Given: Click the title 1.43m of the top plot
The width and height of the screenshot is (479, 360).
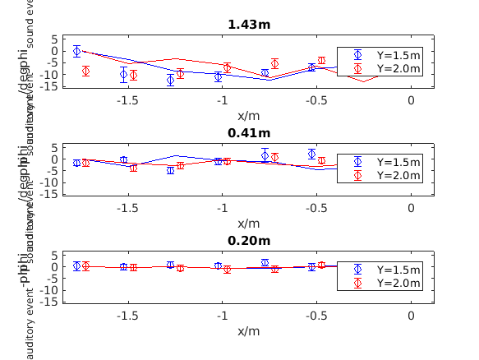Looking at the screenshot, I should point(248,25).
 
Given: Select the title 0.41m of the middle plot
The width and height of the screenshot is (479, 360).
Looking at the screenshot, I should point(248,132).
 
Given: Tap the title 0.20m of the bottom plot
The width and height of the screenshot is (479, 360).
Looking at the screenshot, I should point(248,241).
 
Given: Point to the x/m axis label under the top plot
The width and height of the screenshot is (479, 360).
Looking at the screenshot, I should point(248,115).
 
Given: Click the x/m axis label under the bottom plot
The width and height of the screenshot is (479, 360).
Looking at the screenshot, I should point(248,330).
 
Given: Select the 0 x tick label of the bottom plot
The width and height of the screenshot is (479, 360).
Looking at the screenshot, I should point(412,316).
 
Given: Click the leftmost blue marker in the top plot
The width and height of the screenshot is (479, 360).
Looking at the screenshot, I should point(76,51).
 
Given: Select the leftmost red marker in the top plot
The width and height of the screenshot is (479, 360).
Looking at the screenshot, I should point(85,72).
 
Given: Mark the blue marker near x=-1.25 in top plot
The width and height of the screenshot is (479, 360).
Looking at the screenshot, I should point(171,80).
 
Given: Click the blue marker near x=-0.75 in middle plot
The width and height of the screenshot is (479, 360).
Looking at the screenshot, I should point(265,155).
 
